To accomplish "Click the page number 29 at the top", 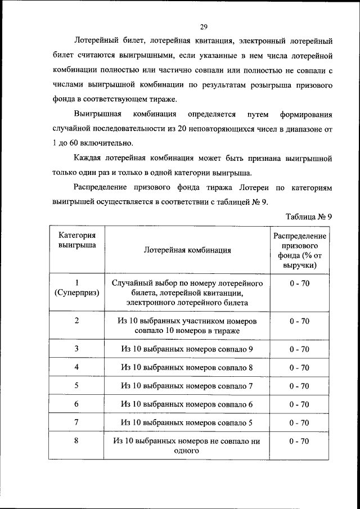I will coord(204,26).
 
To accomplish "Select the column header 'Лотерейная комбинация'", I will coord(187,250).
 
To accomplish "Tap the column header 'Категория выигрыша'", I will coord(76,240).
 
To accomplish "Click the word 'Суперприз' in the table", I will coord(76,293).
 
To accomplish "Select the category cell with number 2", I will coord(76,321).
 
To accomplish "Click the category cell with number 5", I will coord(76,386).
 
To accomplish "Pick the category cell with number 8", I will coord(76,441).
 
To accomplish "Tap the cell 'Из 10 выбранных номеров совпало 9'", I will coord(187,349).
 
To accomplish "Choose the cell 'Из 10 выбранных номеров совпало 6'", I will coord(187,404).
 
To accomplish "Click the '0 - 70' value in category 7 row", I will coord(299,423).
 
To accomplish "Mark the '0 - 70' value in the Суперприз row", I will coord(299,283).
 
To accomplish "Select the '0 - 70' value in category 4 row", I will coord(299,368).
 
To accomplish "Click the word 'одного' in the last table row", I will coord(187,451).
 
